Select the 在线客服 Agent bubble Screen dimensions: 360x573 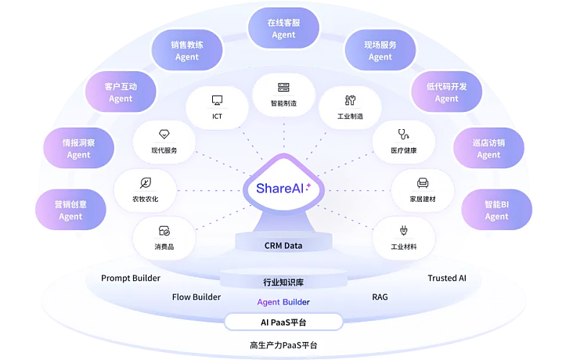point(283,28)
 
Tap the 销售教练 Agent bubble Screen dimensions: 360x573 point(187,51)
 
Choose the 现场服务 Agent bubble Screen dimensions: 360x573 point(380,51)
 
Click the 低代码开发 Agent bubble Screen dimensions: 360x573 point(447,92)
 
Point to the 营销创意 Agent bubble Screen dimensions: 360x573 point(70,211)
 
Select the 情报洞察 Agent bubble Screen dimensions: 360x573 point(78,149)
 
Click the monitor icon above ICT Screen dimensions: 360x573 point(218,100)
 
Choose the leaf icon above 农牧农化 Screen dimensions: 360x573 point(146,182)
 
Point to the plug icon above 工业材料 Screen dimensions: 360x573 point(404,231)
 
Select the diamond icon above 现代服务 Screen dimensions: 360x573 point(164,134)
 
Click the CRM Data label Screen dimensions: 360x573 point(283,246)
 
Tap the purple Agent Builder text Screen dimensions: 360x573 point(283,302)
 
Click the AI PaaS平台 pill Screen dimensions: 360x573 point(283,322)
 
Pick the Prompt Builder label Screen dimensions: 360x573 point(131,278)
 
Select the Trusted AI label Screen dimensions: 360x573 point(447,278)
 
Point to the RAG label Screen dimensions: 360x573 point(380,297)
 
